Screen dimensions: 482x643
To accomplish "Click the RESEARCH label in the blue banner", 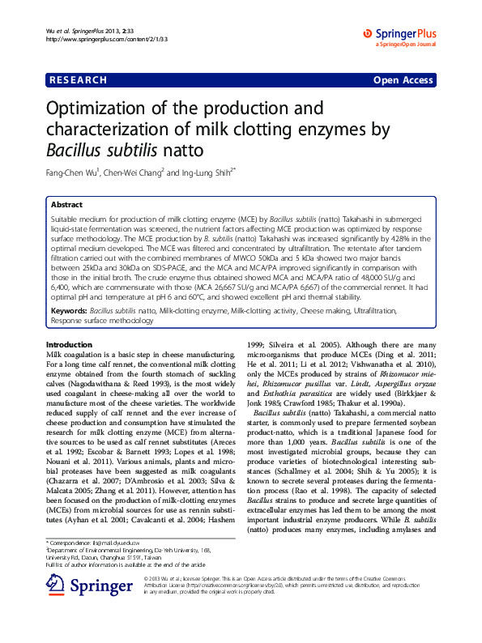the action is point(79,80).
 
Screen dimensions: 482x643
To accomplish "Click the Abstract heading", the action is point(66,205).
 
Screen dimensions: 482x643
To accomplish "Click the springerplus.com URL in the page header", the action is point(90,39).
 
